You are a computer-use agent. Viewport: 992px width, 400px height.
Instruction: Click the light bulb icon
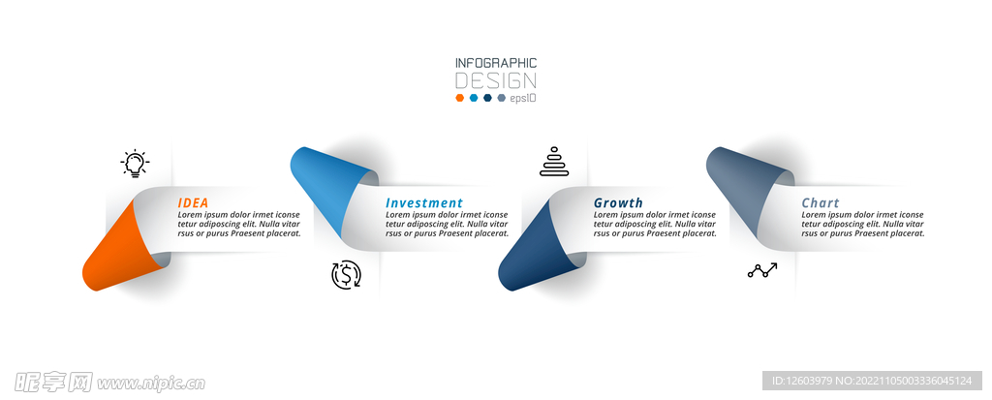point(135,164)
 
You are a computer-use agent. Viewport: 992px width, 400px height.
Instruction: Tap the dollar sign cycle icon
point(346,275)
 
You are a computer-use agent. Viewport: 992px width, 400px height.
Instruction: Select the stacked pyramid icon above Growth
point(554,162)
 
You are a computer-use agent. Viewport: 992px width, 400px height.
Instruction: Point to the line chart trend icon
point(762,271)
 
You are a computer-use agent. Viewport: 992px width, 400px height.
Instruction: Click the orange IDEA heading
point(193,203)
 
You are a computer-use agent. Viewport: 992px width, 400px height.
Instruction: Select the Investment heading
point(424,203)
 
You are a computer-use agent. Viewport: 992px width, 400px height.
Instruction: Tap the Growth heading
point(618,203)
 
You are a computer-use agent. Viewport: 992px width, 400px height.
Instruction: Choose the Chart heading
point(821,203)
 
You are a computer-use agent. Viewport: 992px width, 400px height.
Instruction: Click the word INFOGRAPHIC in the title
point(496,63)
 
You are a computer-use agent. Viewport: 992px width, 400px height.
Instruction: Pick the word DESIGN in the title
point(496,81)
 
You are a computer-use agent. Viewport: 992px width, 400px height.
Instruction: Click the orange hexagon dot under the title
point(460,98)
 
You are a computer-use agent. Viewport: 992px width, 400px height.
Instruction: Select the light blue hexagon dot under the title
point(474,98)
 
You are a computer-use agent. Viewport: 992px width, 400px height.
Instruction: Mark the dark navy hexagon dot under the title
point(488,98)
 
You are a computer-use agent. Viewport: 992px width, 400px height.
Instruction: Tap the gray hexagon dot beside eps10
point(502,98)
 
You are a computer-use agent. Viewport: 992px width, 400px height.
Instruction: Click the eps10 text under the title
point(523,98)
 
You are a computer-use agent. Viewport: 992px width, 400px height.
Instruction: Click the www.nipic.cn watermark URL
point(152,384)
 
